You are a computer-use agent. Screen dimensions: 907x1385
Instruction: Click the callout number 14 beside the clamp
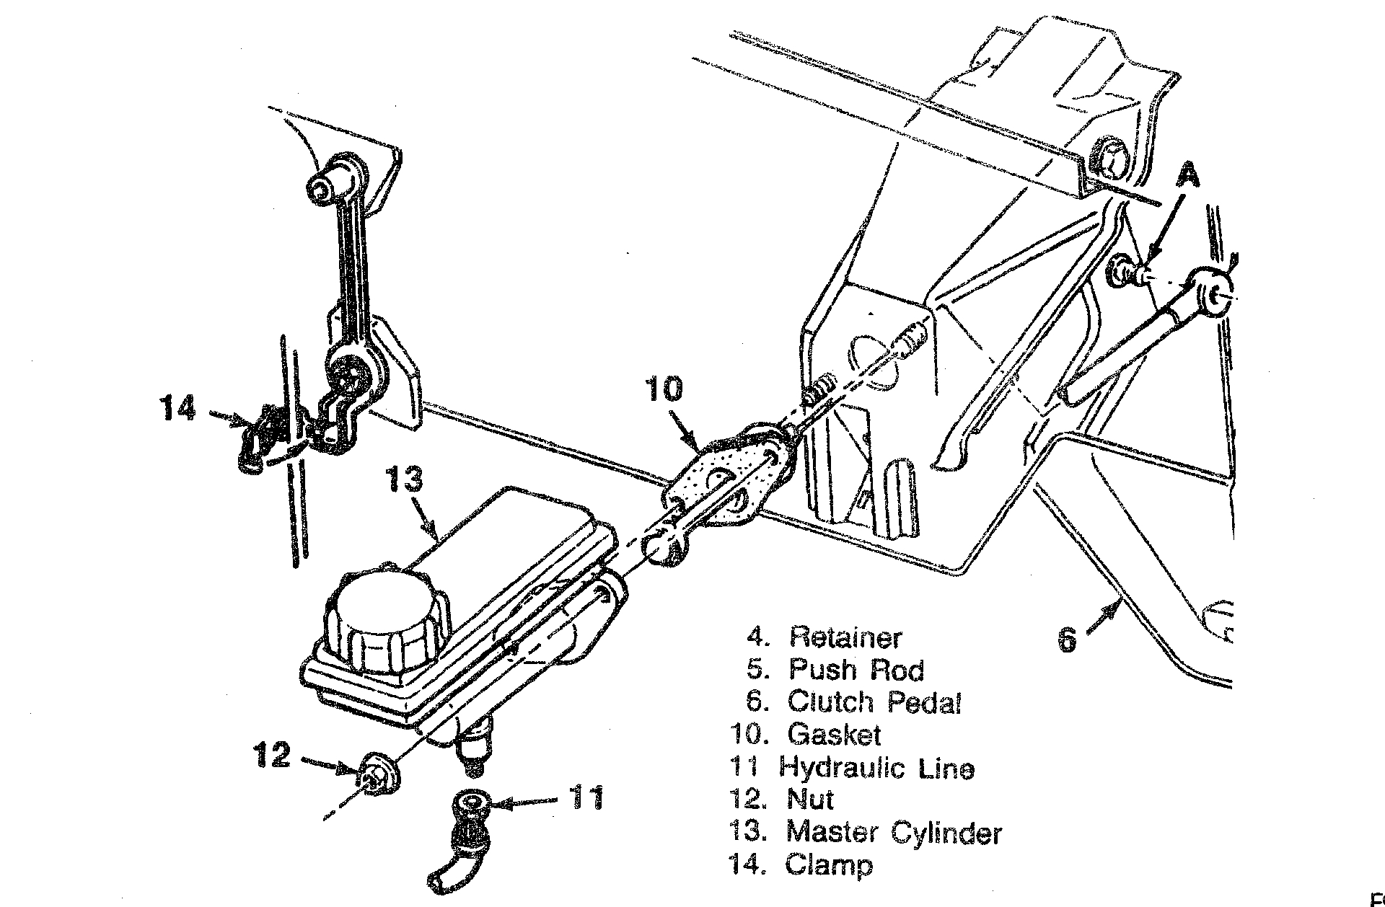tap(177, 409)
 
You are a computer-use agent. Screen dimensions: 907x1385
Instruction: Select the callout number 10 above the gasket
tap(663, 389)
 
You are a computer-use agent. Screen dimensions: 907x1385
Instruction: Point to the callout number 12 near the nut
tap(271, 755)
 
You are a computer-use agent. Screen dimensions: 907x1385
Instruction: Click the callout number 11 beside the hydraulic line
tap(586, 799)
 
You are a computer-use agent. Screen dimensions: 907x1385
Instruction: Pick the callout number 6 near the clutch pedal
tap(1067, 640)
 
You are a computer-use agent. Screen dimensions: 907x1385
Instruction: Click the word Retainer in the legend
tap(845, 637)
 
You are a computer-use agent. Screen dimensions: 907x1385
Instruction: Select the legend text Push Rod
tap(856, 670)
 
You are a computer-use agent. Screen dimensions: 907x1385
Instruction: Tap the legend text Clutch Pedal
tap(874, 702)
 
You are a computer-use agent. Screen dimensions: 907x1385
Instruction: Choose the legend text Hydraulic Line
tap(876, 767)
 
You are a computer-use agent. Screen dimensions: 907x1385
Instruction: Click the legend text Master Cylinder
tap(894, 832)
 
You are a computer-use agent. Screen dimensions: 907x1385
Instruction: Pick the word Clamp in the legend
tap(829, 864)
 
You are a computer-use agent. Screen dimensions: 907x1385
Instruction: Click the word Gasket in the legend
tap(834, 734)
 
